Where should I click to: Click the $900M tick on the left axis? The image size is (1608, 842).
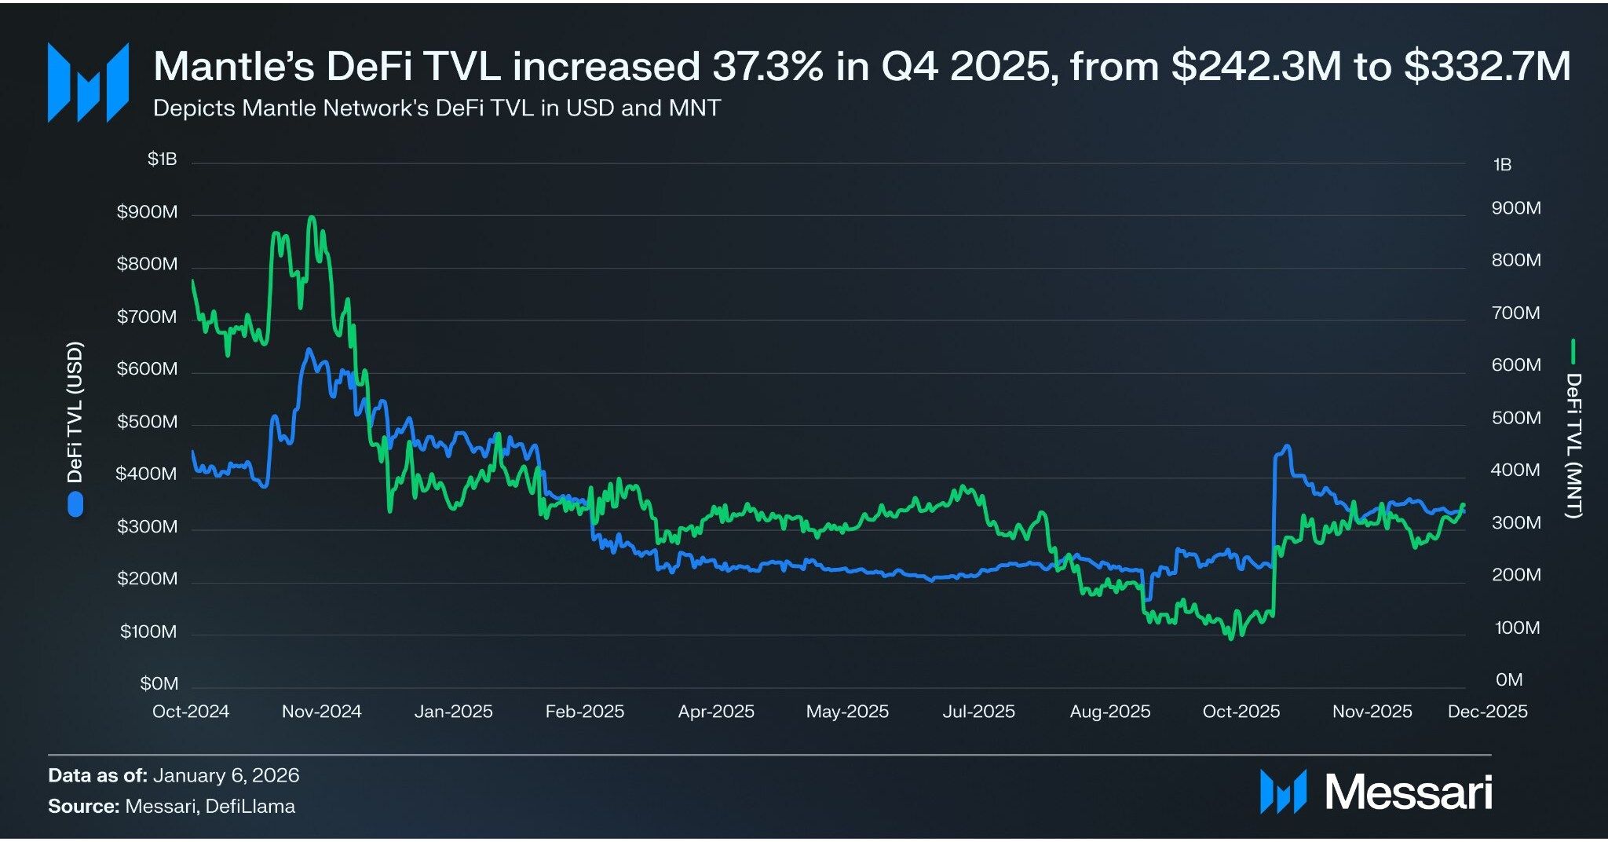tap(147, 212)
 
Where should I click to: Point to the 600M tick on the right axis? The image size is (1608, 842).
tap(1515, 364)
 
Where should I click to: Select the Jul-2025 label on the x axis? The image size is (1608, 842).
tap(978, 712)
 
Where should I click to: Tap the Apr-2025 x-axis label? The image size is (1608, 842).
tap(715, 712)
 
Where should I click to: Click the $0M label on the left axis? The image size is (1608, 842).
tap(159, 683)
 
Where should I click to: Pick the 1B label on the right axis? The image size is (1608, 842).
tap(1501, 165)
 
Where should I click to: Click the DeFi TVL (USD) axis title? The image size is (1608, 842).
tap(75, 412)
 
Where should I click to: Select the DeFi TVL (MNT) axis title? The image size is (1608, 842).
tap(1573, 445)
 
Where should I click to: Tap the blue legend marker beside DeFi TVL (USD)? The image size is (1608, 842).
tap(75, 504)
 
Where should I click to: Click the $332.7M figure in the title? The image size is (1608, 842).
tap(1487, 66)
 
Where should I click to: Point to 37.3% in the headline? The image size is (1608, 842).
tap(767, 66)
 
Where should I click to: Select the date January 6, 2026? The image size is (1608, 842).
tap(226, 775)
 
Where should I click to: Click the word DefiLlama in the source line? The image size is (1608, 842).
tap(250, 807)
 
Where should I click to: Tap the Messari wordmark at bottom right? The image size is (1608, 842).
tap(1408, 792)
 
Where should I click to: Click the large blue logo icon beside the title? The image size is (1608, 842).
tap(88, 82)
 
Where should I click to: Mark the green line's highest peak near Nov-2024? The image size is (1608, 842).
tap(312, 218)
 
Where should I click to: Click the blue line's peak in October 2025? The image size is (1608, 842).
tap(1286, 447)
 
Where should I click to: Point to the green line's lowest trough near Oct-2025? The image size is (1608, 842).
tap(1231, 637)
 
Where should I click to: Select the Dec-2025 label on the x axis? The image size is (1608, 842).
tap(1487, 712)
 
